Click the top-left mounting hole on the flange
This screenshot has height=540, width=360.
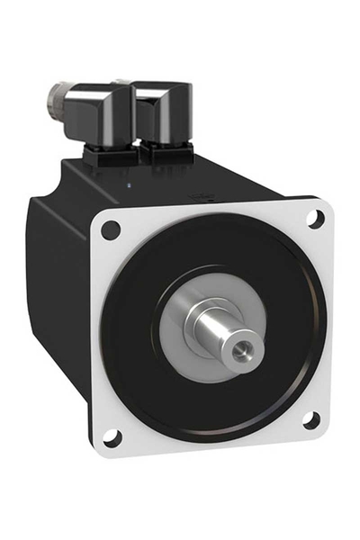[111, 229]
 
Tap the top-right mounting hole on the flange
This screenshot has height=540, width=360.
[316, 218]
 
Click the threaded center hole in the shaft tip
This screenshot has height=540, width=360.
[244, 346]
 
